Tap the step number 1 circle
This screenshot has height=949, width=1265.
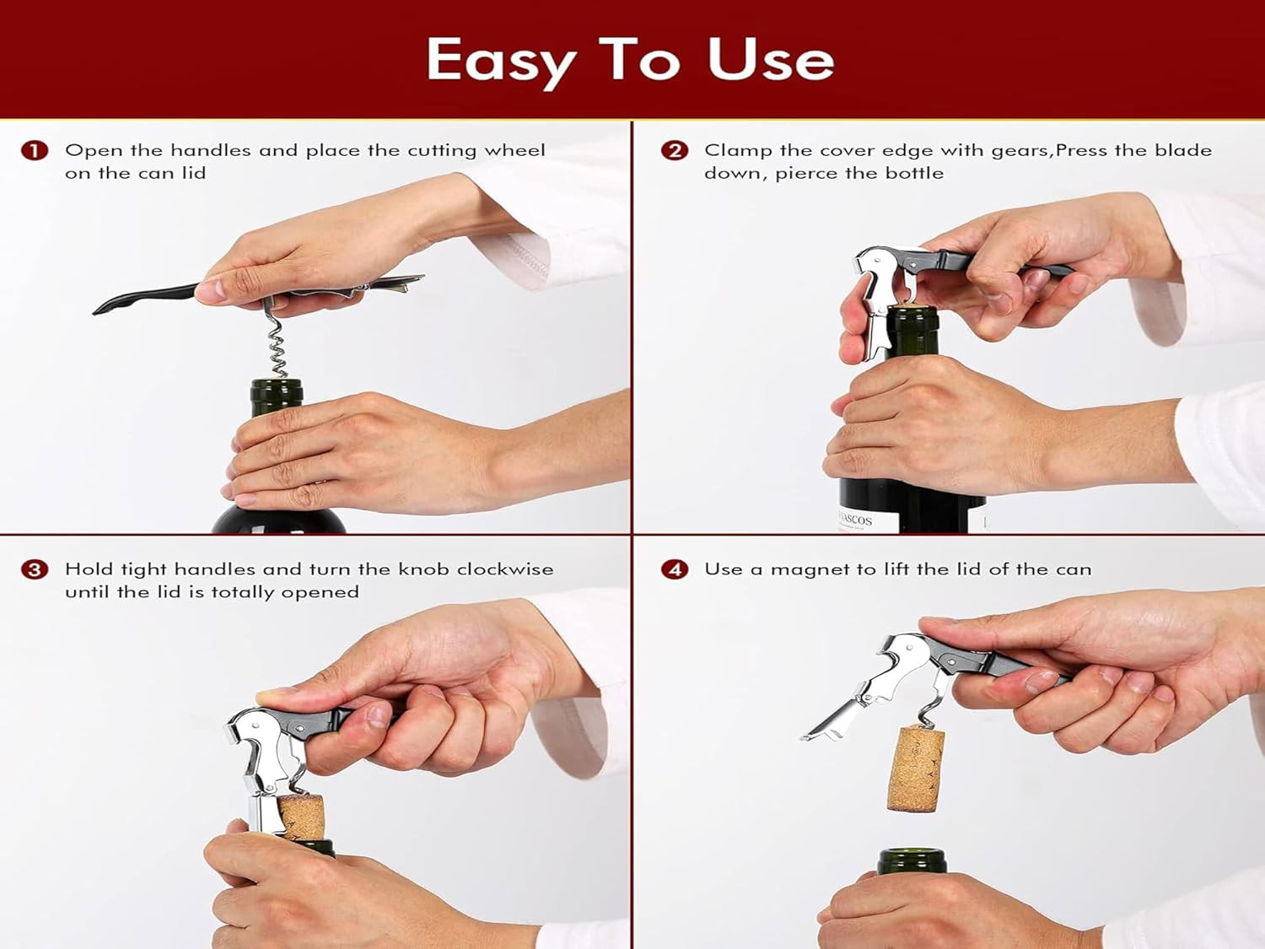(x=35, y=151)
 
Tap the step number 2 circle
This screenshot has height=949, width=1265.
(x=674, y=151)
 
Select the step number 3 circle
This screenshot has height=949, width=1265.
(x=35, y=569)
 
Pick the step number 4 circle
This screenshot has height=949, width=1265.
(x=674, y=569)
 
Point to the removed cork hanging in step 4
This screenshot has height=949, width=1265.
(x=915, y=768)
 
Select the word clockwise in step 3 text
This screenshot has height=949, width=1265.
(x=504, y=569)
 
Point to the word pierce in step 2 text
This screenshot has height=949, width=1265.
(x=806, y=174)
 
